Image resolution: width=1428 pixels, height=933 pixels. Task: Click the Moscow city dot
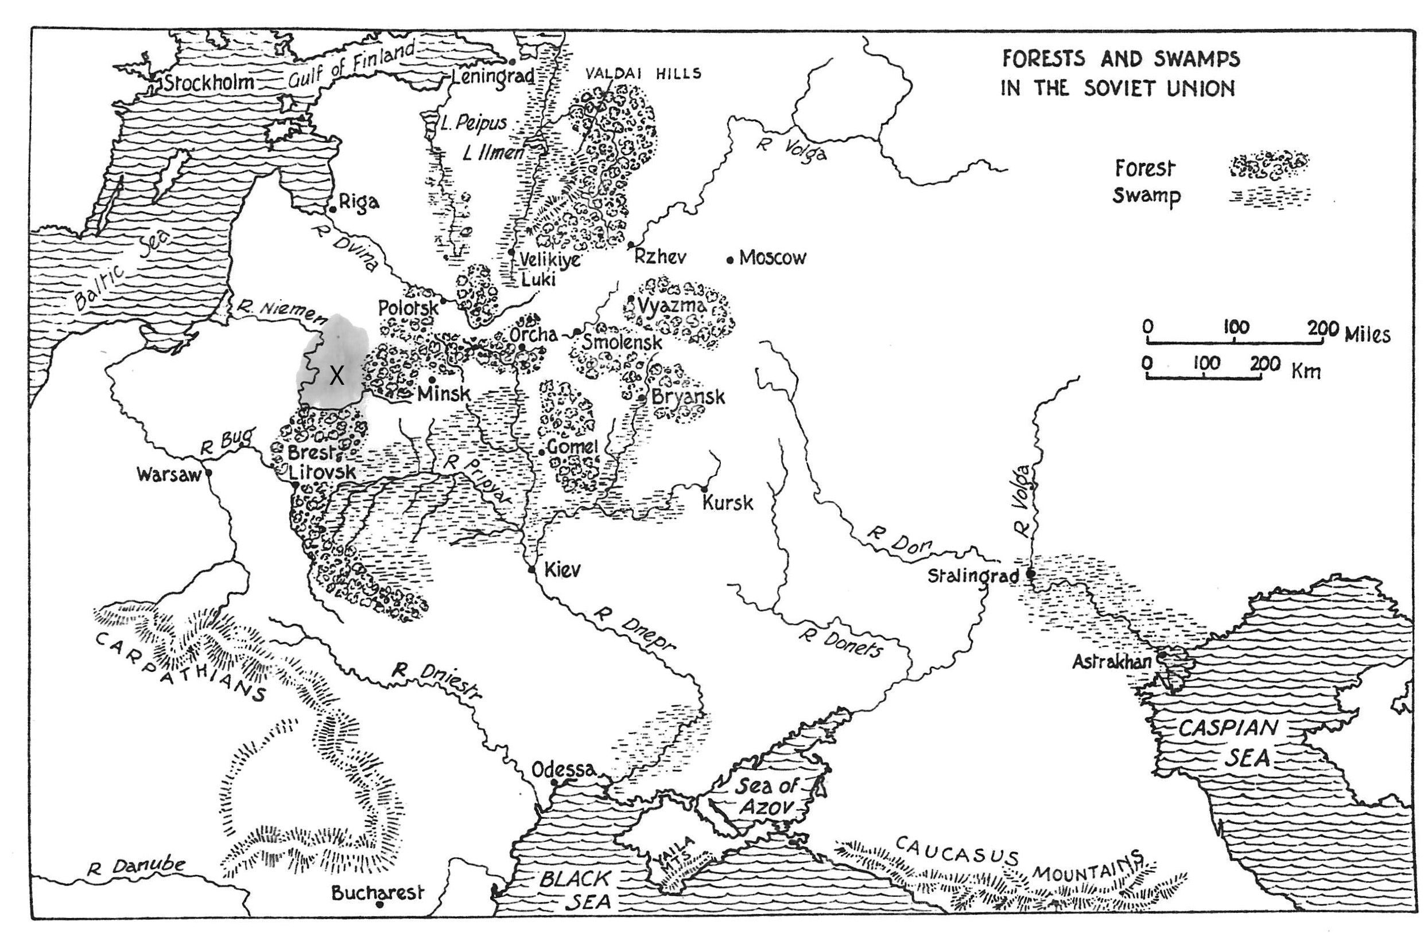click(x=730, y=260)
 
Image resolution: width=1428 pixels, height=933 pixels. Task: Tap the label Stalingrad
click(x=973, y=576)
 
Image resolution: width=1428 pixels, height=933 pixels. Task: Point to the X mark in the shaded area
click(x=336, y=376)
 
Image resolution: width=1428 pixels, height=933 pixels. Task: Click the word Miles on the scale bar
click(x=1367, y=333)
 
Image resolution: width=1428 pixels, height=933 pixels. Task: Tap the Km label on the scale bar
click(x=1306, y=371)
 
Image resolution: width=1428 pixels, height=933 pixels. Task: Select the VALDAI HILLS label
click(x=643, y=74)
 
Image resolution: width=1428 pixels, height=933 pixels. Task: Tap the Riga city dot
click(x=333, y=209)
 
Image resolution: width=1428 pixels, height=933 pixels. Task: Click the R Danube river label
click(x=135, y=867)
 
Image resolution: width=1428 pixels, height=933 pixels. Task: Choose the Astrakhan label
click(x=1111, y=662)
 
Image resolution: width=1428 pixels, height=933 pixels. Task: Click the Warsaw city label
click(x=168, y=475)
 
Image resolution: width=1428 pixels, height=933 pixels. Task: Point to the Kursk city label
click(x=727, y=502)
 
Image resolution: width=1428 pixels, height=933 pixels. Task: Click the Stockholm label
click(x=209, y=82)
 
